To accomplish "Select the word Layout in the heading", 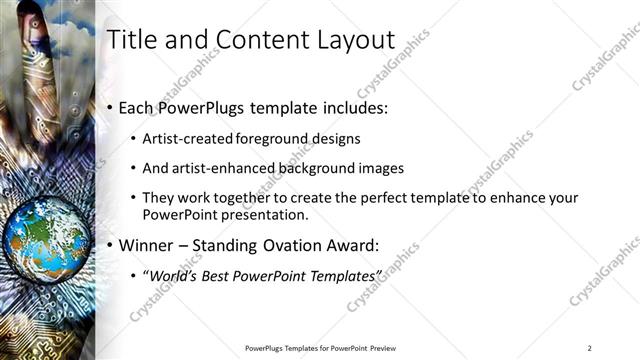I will [x=351, y=41].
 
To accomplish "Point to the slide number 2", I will [x=590, y=347].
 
